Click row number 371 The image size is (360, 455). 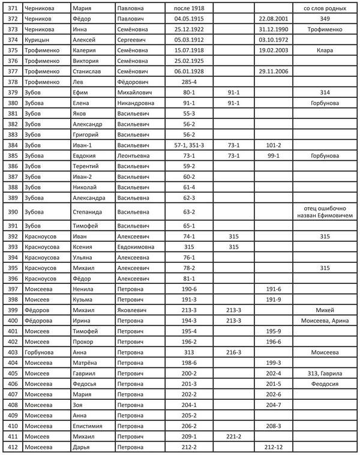[x=11, y=8]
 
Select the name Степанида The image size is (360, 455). [x=88, y=211]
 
